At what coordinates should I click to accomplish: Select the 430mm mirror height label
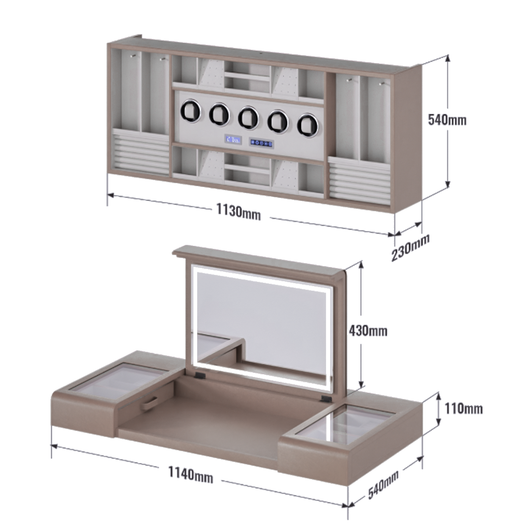click(x=368, y=331)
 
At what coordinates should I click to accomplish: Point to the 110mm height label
click(x=463, y=408)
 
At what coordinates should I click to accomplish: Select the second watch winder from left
click(x=219, y=114)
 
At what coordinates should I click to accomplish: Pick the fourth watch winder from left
click(x=278, y=121)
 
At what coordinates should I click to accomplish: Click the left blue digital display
click(x=233, y=140)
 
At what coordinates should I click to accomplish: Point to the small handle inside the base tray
click(x=149, y=402)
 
